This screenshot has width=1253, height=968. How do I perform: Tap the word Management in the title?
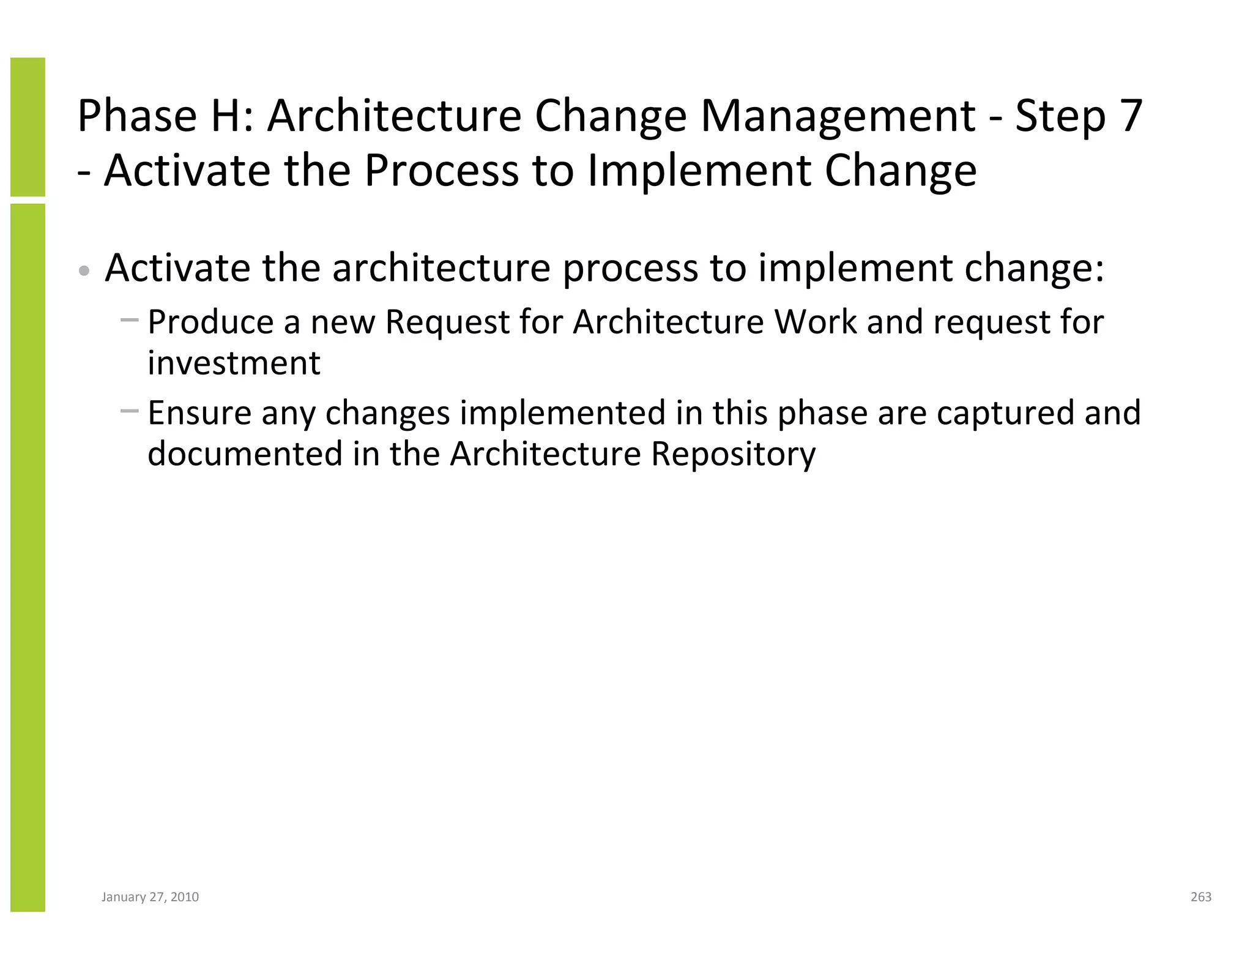(x=838, y=116)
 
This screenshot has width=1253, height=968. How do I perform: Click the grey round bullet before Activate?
(x=85, y=270)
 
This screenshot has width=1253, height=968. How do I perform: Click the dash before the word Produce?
(x=130, y=319)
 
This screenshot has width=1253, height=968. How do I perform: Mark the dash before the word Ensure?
(x=130, y=411)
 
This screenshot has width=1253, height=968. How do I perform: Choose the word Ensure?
(x=199, y=412)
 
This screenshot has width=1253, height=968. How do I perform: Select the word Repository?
(x=732, y=453)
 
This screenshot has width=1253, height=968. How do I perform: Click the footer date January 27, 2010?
(x=150, y=897)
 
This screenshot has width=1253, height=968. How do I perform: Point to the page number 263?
(x=1201, y=897)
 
